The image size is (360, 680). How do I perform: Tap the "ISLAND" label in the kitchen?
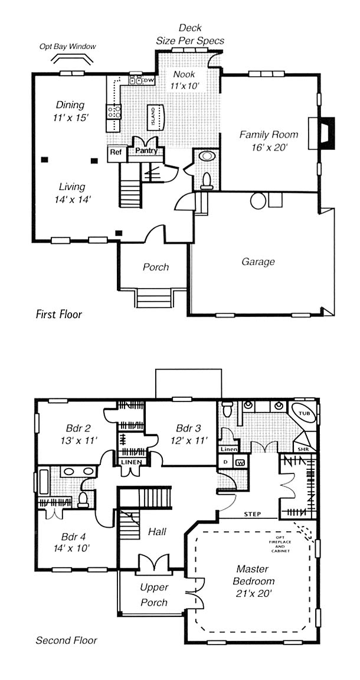[153, 117]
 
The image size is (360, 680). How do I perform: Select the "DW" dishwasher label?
[149, 80]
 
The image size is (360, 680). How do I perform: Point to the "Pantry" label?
[146, 151]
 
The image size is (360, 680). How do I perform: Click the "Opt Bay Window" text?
[68, 47]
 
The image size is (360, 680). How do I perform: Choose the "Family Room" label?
[269, 135]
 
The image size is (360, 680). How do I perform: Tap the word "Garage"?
[258, 262]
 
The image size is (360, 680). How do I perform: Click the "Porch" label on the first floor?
[156, 267]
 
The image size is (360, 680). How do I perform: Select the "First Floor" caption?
[58, 314]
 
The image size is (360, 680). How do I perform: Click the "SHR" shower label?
[302, 449]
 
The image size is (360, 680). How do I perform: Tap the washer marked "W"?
[240, 462]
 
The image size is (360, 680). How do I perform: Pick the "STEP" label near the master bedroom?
[253, 514]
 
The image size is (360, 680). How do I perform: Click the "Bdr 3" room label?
[188, 429]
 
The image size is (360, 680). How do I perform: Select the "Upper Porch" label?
[154, 594]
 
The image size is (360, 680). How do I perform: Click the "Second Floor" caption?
[66, 640]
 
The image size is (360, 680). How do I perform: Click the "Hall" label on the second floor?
[157, 531]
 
